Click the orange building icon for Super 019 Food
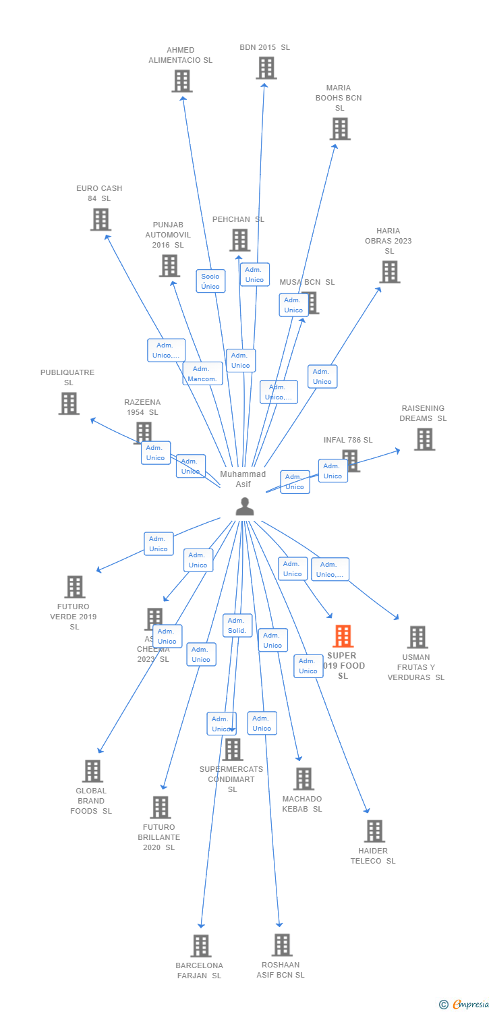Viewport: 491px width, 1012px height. point(343,636)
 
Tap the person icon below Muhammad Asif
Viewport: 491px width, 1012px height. point(245,507)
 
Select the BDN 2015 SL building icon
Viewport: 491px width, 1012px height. point(266,68)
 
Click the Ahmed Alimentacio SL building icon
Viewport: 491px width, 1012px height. point(182,81)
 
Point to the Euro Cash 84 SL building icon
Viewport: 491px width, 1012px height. point(100,219)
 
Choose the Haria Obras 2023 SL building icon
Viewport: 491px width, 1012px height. point(389,272)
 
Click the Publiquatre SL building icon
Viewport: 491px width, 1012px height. point(69,403)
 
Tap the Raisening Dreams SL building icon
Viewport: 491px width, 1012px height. point(424,439)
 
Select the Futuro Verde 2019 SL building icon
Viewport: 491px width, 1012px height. point(75,587)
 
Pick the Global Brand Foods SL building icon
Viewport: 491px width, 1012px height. point(92,770)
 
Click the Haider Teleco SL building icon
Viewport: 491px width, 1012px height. point(374,831)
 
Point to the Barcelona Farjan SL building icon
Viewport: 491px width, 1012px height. point(200,946)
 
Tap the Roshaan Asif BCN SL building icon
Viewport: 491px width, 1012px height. point(282,945)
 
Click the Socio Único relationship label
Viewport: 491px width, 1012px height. point(210,281)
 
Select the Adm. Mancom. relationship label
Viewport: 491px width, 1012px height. point(202,374)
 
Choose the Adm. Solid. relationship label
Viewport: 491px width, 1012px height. point(237,625)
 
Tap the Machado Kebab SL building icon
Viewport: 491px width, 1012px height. point(304,779)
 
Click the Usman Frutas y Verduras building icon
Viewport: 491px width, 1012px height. point(417,637)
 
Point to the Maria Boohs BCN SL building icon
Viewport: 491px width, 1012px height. point(340,129)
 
